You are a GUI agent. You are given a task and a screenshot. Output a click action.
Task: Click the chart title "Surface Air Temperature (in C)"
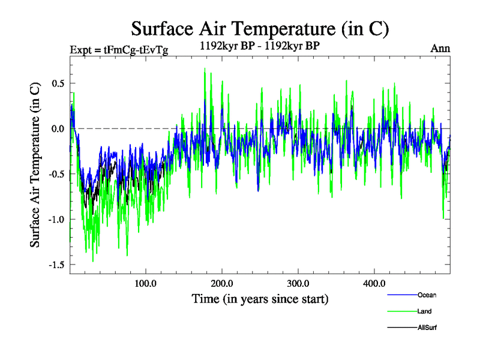click(260, 28)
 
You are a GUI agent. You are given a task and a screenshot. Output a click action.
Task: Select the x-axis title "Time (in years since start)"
click(260, 298)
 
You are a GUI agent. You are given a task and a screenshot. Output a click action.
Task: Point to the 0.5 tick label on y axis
click(57, 83)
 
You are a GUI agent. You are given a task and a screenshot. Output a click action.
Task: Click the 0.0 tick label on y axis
click(57, 128)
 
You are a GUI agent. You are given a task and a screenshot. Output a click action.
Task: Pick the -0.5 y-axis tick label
click(55, 174)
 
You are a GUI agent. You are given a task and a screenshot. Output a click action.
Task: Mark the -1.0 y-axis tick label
click(55, 219)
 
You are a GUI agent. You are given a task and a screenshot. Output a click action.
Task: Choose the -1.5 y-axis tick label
click(55, 265)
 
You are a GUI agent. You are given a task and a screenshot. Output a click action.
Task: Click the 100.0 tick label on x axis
click(146, 283)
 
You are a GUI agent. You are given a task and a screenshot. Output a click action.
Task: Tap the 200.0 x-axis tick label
click(222, 283)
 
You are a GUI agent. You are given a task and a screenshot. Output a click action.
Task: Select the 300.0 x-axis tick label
click(298, 283)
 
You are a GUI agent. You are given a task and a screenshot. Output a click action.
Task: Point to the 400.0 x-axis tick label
click(374, 283)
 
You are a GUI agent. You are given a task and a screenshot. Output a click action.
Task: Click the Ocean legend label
click(427, 295)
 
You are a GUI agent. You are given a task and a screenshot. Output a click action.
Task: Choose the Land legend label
click(425, 311)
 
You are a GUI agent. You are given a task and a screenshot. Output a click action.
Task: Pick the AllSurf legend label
click(427, 328)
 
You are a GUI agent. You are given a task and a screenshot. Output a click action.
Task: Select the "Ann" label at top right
click(440, 49)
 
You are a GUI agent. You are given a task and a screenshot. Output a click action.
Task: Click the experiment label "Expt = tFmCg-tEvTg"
click(119, 50)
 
